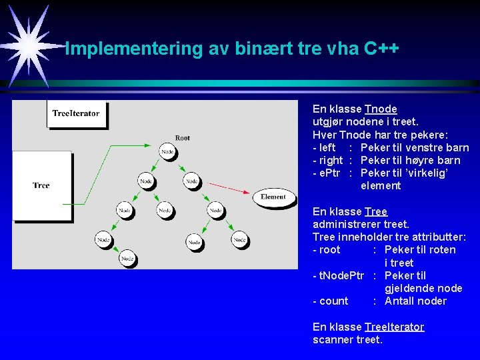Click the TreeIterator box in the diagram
point(76,114)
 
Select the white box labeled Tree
point(41,185)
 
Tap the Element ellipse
point(273,197)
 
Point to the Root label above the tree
point(183,138)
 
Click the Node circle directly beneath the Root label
point(168,152)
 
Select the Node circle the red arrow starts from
point(191,181)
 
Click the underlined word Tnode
point(381,109)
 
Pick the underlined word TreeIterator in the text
point(394,327)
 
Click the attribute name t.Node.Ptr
point(339,275)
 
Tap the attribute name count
point(334,301)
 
